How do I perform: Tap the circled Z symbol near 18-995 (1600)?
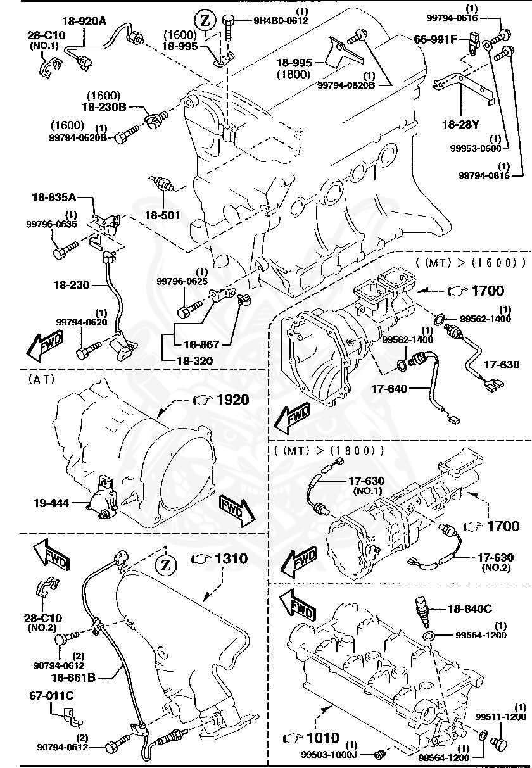[205, 22]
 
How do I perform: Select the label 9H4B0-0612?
[281, 20]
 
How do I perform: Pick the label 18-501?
[163, 215]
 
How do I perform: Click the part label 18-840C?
[469, 608]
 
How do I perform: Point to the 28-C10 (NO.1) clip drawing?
[49, 63]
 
